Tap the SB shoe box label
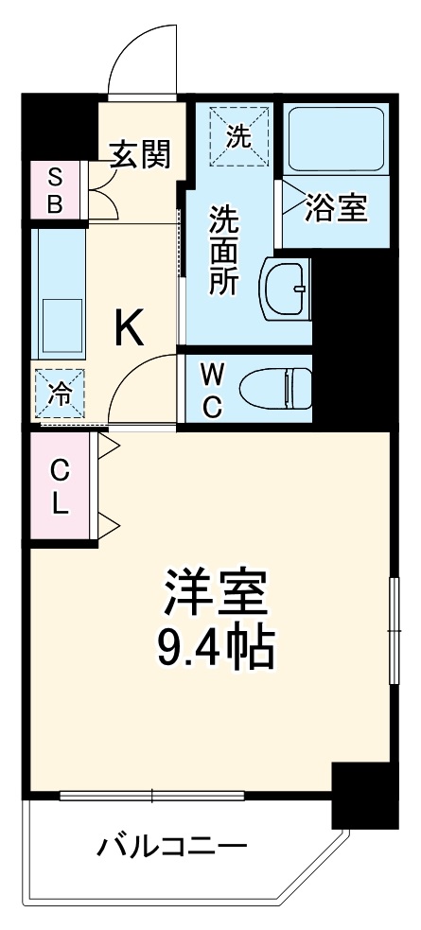(55, 191)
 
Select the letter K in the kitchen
(131, 328)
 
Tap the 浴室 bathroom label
(335, 208)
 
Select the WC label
(212, 390)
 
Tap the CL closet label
(60, 486)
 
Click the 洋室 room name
(217, 595)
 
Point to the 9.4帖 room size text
(215, 649)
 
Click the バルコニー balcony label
(172, 845)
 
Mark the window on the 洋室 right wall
(392, 629)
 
